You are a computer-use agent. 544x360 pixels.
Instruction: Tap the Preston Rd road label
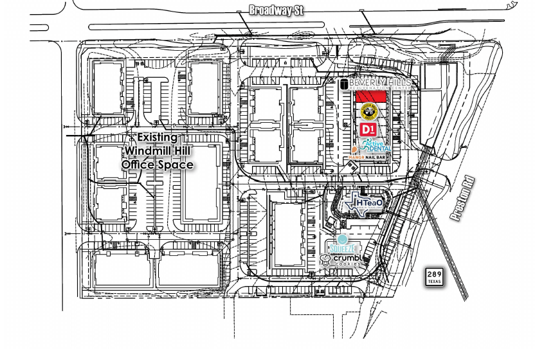[462, 200]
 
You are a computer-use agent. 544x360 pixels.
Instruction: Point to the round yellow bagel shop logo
[368, 111]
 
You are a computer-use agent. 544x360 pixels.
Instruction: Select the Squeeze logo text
[343, 248]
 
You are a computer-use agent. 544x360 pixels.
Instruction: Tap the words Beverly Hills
[379, 84]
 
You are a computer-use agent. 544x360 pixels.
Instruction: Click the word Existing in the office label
[158, 138]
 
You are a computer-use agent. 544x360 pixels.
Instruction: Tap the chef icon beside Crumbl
[326, 260]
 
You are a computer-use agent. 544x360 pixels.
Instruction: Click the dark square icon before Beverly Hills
[344, 84]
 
